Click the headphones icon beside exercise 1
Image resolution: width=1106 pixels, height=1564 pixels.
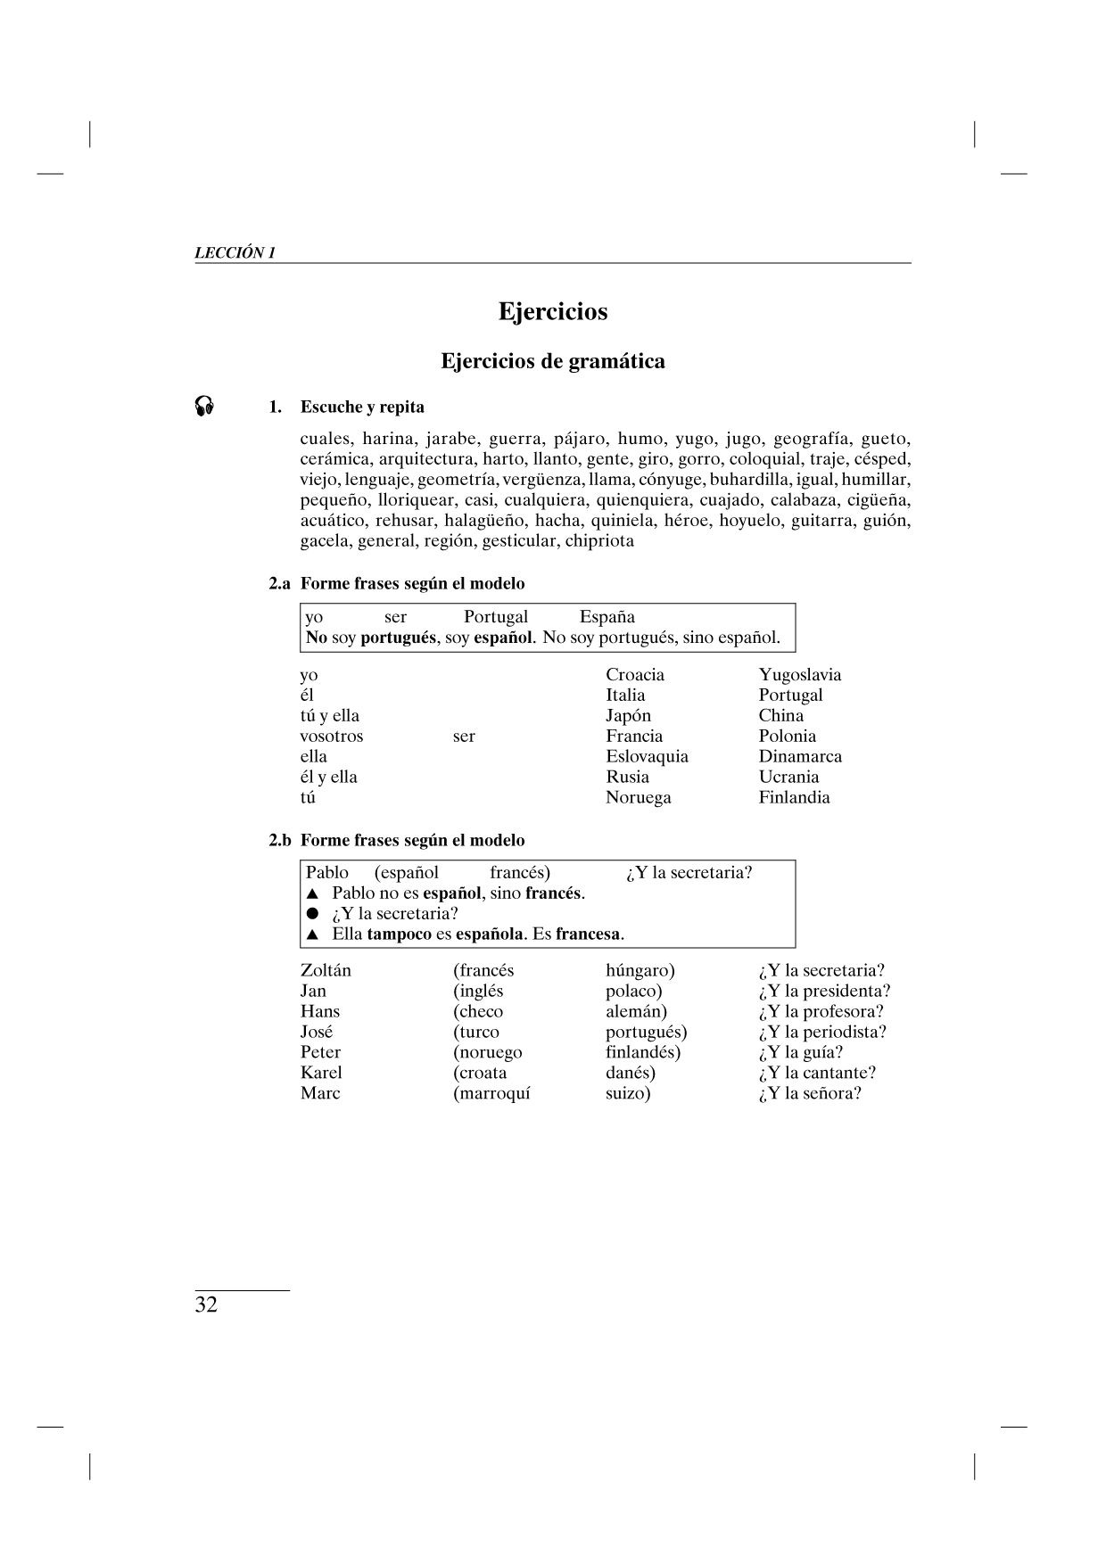coord(204,407)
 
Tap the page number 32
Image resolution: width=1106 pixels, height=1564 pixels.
coord(206,1305)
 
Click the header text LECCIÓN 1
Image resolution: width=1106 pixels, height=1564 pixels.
coord(235,252)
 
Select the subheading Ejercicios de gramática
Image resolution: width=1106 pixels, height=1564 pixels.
coord(553,361)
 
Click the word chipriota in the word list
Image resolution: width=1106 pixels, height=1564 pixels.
coord(599,540)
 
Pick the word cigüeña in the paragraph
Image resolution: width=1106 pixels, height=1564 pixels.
coord(878,499)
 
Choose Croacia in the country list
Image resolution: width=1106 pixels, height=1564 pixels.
coord(635,675)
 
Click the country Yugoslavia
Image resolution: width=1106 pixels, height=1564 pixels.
coord(800,675)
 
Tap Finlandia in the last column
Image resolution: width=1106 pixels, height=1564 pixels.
coord(794,797)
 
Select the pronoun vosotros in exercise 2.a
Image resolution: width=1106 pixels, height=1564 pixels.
coord(332,737)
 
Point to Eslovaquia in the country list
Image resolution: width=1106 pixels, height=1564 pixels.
coord(647,756)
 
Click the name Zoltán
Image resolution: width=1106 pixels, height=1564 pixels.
coord(326,970)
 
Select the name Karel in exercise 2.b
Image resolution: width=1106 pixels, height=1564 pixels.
coord(321,1073)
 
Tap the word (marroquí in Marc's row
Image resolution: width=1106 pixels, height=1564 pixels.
coord(491,1093)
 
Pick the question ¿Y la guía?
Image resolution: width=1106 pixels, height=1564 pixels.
coord(800,1052)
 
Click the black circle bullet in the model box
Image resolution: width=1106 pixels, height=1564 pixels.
coord(312,914)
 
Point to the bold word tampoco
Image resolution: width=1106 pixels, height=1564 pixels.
coord(399,934)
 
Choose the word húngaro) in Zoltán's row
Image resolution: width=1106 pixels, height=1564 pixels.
coord(640,970)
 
